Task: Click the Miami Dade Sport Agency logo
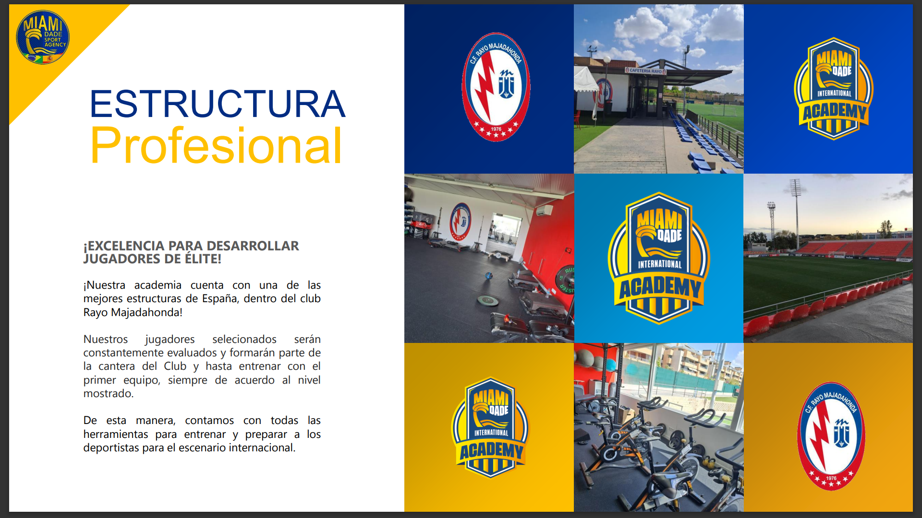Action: pos(43,37)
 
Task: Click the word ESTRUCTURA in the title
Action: pos(218,104)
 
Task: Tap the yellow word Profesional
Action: pos(216,145)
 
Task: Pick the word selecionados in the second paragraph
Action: pos(244,339)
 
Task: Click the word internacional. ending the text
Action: pos(262,447)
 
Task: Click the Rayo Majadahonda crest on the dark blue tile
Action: pos(496,87)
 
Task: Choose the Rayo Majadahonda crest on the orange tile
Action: pos(831,436)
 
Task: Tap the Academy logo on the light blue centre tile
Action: pos(659,258)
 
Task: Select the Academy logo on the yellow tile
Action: pos(490,427)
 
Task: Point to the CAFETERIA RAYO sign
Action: pos(646,71)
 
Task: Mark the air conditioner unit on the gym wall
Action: pos(545,210)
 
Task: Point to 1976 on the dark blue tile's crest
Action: pos(496,129)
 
